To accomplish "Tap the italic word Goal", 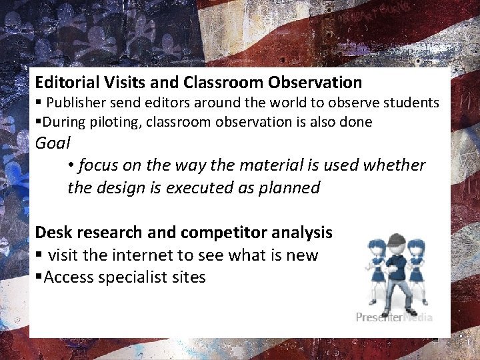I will (x=52, y=143).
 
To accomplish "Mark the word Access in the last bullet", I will (x=68, y=277).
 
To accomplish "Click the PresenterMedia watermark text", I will (x=394, y=317).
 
